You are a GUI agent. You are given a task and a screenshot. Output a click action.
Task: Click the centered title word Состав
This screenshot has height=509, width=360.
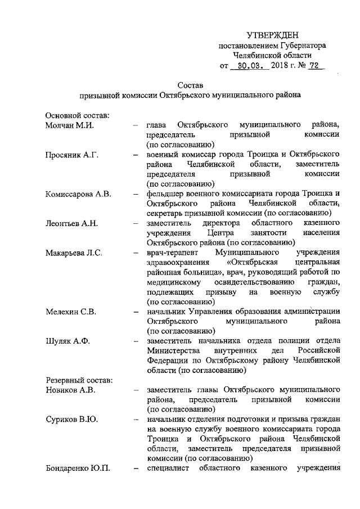click(x=190, y=85)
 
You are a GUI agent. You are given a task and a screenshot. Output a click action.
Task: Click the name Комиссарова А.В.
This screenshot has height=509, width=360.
click(x=78, y=194)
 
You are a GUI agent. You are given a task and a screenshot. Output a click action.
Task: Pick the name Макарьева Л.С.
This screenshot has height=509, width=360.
click(x=74, y=253)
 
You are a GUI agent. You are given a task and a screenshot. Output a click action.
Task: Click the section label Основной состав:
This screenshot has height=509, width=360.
click(x=77, y=115)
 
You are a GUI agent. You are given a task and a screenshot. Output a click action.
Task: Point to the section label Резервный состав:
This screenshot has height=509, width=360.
click(x=79, y=380)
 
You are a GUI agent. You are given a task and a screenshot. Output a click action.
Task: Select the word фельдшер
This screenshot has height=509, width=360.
click(x=164, y=194)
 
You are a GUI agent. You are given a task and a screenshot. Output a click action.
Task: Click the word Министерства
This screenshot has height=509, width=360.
click(x=177, y=351)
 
